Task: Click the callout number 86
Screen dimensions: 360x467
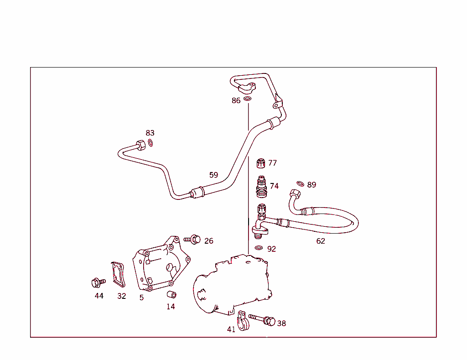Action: point(236,101)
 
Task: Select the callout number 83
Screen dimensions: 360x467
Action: point(150,133)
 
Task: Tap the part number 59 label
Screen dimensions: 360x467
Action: point(213,175)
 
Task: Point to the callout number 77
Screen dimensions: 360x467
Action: point(272,163)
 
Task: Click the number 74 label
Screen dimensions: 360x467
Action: point(274,186)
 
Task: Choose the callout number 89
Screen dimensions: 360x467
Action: point(311,185)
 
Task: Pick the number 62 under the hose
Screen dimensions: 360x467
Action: point(321,241)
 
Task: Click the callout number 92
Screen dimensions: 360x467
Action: point(271,249)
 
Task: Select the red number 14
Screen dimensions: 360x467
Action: point(171,307)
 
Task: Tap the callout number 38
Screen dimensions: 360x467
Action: point(281,323)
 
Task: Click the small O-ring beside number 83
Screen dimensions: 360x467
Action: point(150,143)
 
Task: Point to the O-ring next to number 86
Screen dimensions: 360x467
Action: point(247,99)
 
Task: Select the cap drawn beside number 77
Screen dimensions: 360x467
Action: point(261,163)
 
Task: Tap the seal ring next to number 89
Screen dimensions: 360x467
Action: point(300,183)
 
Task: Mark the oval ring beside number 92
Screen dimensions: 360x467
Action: point(259,248)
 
